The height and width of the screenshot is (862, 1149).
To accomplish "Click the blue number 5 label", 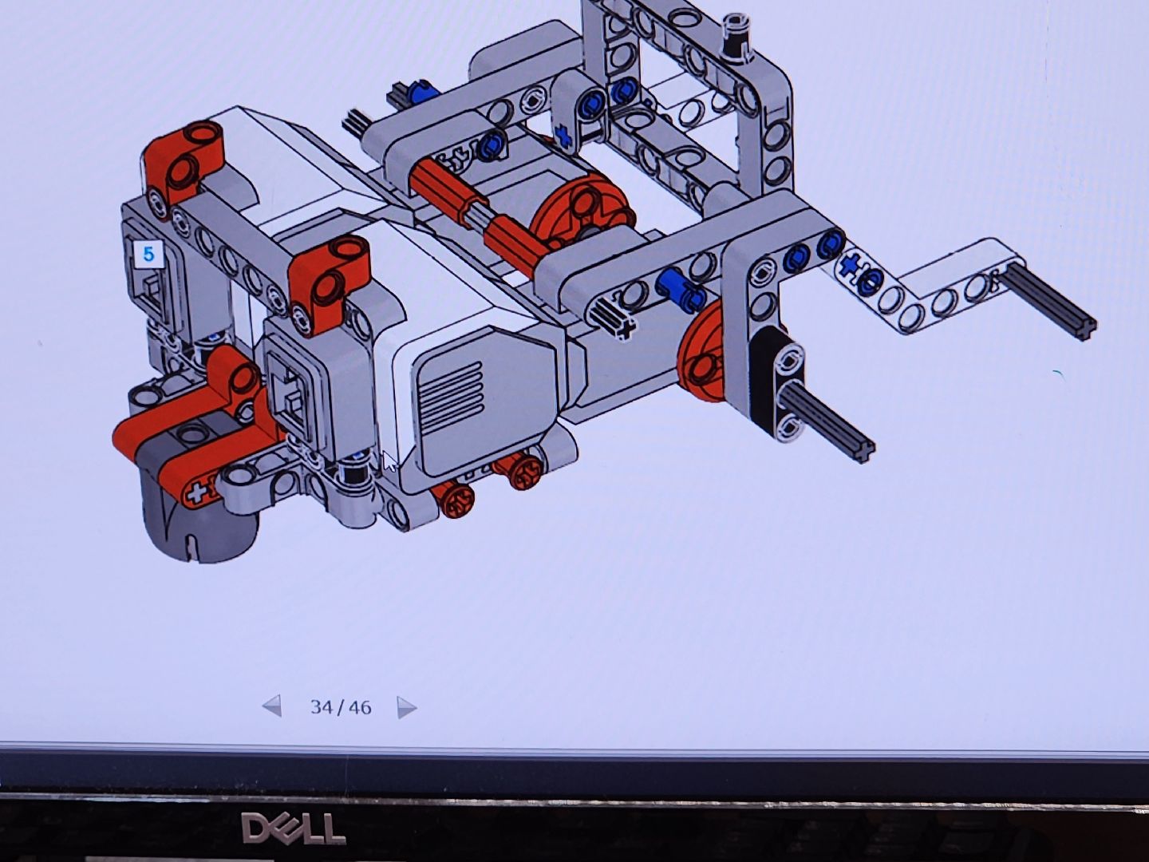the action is (148, 255).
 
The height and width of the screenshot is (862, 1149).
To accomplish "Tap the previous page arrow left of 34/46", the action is (271, 706).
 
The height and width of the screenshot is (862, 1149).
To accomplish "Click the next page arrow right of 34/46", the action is (407, 708).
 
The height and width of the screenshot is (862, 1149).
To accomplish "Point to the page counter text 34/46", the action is (341, 708).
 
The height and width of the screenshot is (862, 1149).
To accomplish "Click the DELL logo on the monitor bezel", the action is (294, 828).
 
